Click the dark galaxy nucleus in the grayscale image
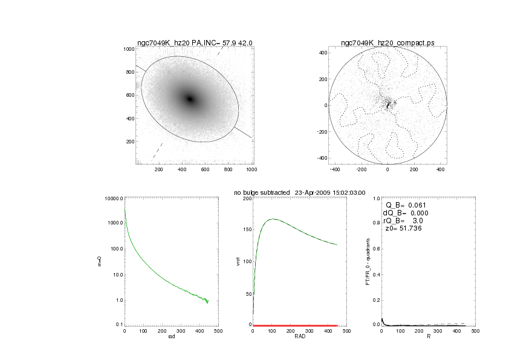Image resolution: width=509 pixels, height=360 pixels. pyautogui.click(x=190, y=99)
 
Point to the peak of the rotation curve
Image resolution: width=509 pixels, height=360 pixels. pyautogui.click(x=273, y=219)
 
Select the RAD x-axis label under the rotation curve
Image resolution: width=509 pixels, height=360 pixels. pyautogui.click(x=295, y=338)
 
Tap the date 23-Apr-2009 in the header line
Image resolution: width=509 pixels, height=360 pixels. pyautogui.click(x=317, y=192)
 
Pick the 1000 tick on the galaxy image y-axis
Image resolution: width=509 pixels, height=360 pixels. pyautogui.click(x=128, y=49)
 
